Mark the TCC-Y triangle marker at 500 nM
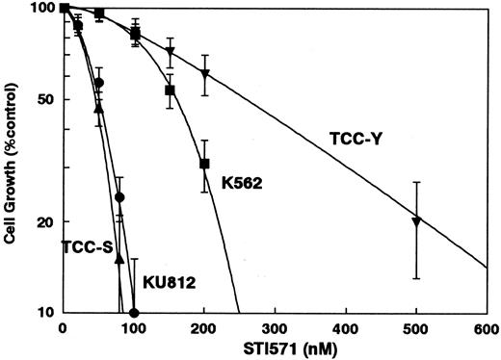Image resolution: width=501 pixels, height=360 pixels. pyautogui.click(x=416, y=221)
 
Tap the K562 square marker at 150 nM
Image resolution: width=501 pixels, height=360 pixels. pyautogui.click(x=170, y=90)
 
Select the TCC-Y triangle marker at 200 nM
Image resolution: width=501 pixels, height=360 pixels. pyautogui.click(x=204, y=73)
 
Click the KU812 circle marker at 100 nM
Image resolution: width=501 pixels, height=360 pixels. pyautogui.click(x=134, y=313)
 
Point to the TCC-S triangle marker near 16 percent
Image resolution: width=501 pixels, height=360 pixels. pyautogui.click(x=119, y=259)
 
